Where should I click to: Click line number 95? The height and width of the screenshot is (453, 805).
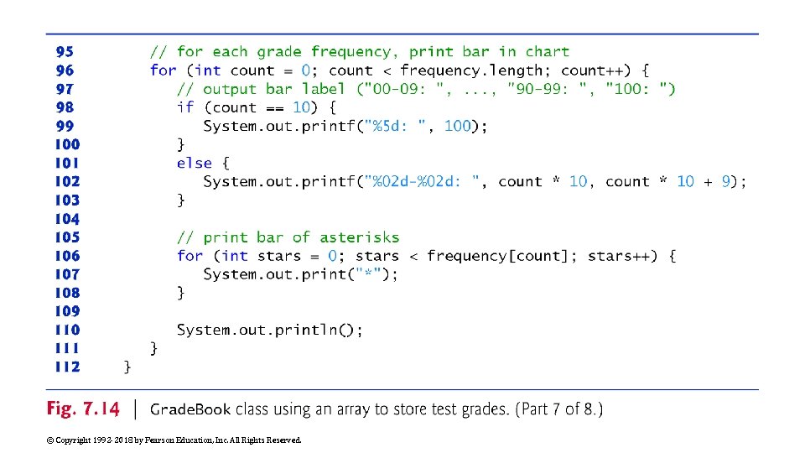pos(64,52)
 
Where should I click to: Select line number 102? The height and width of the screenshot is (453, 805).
pos(67,181)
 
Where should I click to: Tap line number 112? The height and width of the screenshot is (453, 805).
pos(67,367)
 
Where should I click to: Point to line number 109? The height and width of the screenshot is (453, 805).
pos(67,311)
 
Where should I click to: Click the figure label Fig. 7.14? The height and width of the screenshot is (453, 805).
pos(83,409)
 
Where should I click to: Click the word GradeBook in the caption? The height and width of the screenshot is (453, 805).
pos(190,409)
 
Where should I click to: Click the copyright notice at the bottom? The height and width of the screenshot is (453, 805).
pos(174,440)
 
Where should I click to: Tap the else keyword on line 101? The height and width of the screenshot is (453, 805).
pos(194,163)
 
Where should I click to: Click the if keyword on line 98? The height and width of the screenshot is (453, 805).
pos(185,107)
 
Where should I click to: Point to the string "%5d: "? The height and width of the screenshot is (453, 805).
pos(402,126)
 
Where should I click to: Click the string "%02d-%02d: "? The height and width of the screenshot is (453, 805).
pos(428,181)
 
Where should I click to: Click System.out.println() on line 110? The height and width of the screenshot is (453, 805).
pos(268,330)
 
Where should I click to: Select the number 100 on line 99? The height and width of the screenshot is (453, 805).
pos(457,126)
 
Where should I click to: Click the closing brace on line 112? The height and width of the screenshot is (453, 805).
pos(127,367)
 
